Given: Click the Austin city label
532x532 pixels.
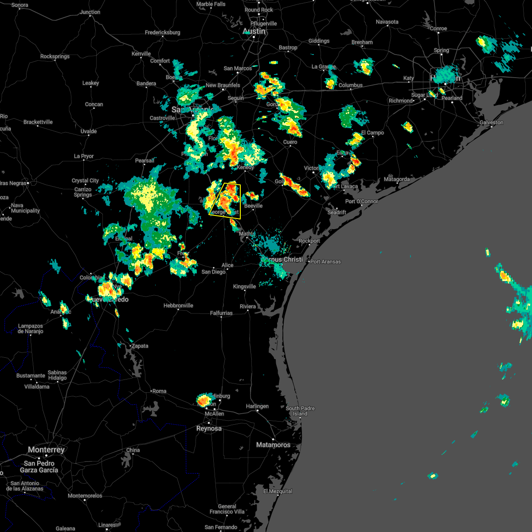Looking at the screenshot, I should point(254,31).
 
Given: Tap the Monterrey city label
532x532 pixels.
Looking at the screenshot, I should point(46,450).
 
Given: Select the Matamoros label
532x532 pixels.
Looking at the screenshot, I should point(273,445).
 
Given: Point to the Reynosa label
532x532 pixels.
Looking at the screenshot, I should point(209,428).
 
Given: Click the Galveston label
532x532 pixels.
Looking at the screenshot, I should point(491,122).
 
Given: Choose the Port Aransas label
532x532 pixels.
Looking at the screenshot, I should point(325,262).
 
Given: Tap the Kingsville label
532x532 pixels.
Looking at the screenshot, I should point(244,286).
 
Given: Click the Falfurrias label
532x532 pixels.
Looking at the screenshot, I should point(221,313).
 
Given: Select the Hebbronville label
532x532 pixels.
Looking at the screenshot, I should point(178,305).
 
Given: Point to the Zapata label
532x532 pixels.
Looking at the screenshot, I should point(140,346).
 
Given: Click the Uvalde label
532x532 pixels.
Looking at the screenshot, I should point(89,131).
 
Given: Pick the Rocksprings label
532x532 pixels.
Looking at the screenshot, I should point(55,56).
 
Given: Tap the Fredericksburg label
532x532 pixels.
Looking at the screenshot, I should point(162,32).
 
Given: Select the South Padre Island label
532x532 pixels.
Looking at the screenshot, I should point(300,411).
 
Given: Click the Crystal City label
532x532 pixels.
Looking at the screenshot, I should point(85,180).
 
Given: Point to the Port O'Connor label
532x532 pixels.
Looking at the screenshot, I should point(362,201).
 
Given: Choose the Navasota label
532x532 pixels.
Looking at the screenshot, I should point(387,22).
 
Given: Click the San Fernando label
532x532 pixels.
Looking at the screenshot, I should point(221,527).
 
